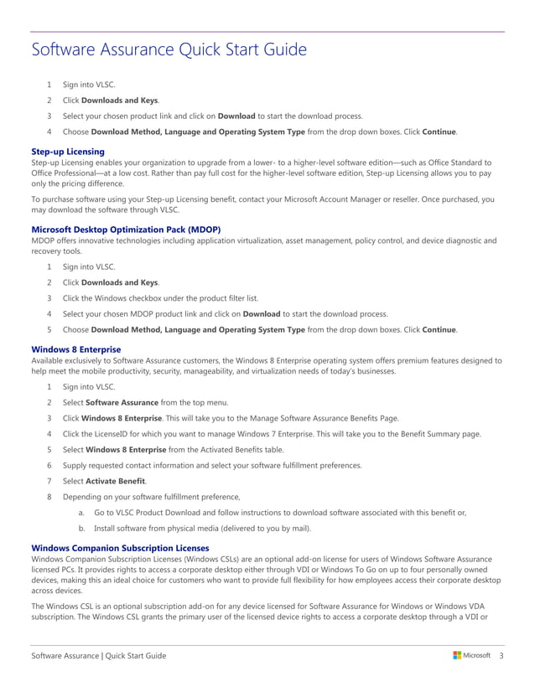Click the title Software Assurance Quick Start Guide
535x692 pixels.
pos(169,50)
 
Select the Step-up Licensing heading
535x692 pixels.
pos(67,151)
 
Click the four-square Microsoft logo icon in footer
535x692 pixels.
pos(457,655)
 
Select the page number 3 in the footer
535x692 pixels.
pos(501,655)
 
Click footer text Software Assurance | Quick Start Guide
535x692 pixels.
pos(98,655)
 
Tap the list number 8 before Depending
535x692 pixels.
pos(49,497)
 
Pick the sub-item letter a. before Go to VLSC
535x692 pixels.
pos(81,513)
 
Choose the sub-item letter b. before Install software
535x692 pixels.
pos(81,529)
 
